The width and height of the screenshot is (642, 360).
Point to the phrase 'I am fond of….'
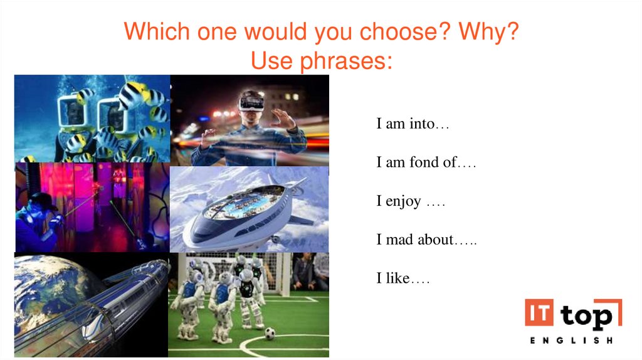click(426, 163)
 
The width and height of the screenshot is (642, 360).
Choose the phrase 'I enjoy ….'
click(411, 202)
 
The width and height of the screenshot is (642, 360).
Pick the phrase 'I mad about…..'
click(426, 240)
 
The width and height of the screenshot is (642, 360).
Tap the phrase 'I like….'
click(403, 278)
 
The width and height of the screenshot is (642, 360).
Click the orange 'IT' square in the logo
click(539, 312)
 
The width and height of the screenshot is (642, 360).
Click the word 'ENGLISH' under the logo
click(571, 341)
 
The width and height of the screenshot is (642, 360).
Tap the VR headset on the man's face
click(251, 100)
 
